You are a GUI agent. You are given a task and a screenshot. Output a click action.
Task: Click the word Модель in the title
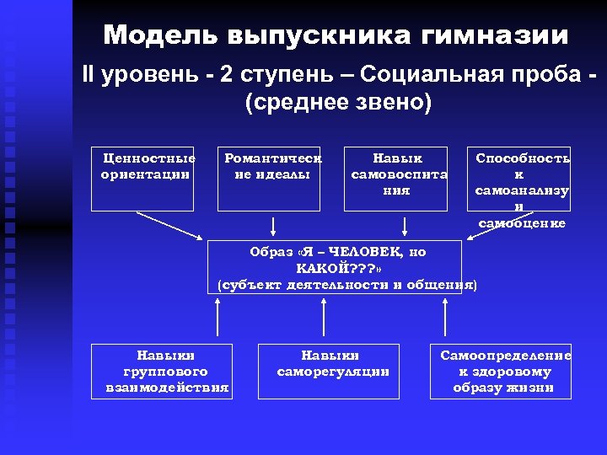tap(158, 35)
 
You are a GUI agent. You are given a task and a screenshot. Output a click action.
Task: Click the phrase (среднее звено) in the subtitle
tap(337, 103)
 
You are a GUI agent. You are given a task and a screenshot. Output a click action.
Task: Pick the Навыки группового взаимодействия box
tap(162, 371)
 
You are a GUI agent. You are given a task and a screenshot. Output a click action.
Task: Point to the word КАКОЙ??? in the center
tap(330, 268)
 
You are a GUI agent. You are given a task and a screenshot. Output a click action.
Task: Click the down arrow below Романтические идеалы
tap(273, 225)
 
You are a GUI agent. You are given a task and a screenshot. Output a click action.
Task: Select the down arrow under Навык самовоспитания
tap(406, 225)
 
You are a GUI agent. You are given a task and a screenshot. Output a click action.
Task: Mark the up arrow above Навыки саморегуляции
tap(330, 319)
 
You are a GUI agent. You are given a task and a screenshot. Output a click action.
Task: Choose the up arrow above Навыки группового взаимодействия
tap(218, 319)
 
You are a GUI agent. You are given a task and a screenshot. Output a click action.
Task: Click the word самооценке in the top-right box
tap(521, 223)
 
